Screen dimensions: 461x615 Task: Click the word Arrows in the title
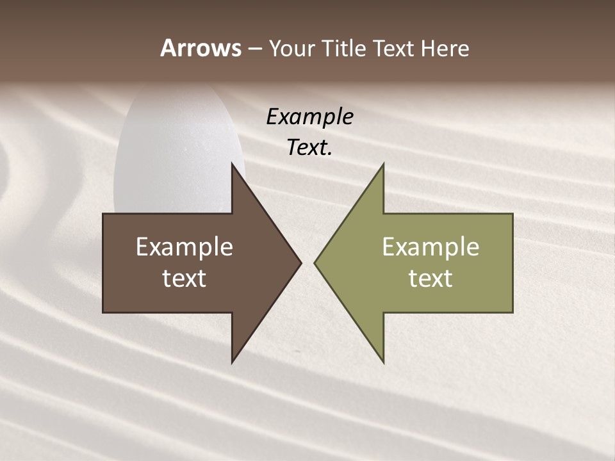pos(201,48)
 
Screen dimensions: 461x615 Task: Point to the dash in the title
pos(255,49)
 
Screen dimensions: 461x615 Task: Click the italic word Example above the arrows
pos(309,117)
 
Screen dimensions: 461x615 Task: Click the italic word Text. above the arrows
pos(309,148)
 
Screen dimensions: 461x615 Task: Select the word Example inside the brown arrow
pos(184,247)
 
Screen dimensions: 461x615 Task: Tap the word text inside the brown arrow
pos(184,279)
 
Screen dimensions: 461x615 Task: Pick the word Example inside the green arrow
pos(430,247)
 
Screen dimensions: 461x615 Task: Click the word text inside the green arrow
pos(430,279)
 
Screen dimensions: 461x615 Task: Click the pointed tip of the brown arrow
pos(300,263)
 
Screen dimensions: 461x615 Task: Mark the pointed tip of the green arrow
pos(316,263)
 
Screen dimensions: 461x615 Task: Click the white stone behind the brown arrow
pos(179,147)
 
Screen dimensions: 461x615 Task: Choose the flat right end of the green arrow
pos(511,263)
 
